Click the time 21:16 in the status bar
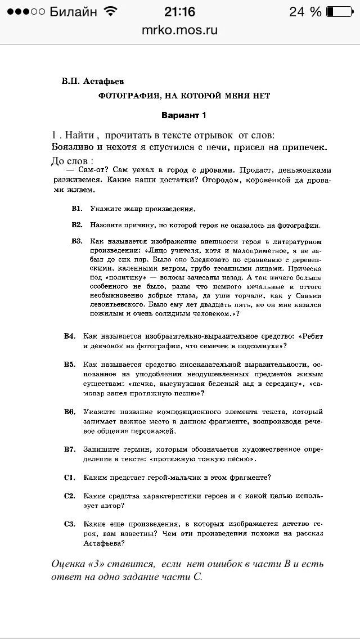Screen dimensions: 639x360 point(179,12)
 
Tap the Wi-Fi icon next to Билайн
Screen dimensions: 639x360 point(111,12)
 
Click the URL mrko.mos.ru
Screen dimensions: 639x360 point(179,30)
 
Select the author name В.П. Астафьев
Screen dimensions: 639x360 point(93,81)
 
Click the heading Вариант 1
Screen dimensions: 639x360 point(184,115)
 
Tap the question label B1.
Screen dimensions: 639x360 point(77,209)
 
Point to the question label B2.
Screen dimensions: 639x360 point(77,225)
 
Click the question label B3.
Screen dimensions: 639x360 point(77,241)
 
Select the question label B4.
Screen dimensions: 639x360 point(70,336)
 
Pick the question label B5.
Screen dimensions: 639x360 point(70,364)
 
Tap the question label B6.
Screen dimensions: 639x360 point(70,412)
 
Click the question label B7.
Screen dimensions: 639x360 point(70,449)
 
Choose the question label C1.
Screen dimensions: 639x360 point(70,478)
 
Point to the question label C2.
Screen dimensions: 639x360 point(70,496)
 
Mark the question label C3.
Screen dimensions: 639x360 point(70,524)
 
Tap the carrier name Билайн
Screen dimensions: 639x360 point(73,12)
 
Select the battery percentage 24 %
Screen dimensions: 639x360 point(305,12)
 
